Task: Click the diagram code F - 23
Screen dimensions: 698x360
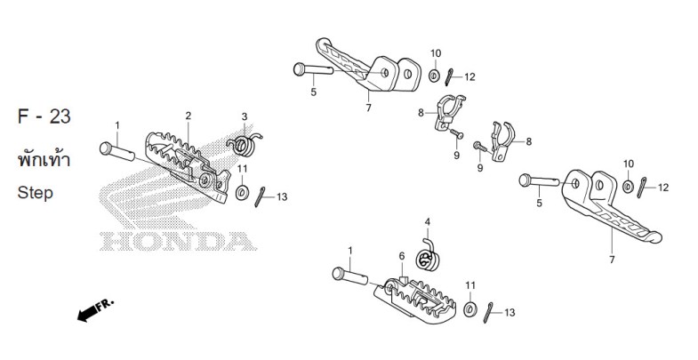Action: coord(44,116)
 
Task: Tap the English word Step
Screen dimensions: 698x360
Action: coord(36,193)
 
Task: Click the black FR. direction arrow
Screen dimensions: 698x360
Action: coord(95,309)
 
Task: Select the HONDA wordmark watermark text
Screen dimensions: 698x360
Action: coord(178,241)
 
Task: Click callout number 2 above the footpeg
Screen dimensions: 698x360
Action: coord(189,116)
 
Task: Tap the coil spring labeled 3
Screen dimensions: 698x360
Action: coord(244,144)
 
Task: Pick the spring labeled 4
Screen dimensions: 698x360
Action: coord(427,257)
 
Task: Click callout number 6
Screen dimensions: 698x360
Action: coord(402,256)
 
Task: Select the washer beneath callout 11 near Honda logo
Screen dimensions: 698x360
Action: coord(242,193)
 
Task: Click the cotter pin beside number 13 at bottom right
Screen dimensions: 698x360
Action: coord(488,312)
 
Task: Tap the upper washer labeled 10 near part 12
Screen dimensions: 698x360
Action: coord(434,76)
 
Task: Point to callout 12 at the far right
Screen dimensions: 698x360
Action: coord(663,188)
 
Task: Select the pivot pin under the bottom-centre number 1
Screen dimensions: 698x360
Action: coord(350,276)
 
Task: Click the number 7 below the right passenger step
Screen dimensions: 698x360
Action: coord(612,260)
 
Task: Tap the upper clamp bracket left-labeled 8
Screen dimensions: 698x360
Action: coord(449,112)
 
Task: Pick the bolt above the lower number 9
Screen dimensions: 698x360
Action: coord(480,147)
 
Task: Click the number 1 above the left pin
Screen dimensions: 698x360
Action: coord(117,125)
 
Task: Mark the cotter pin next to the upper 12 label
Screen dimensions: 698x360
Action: coord(450,77)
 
